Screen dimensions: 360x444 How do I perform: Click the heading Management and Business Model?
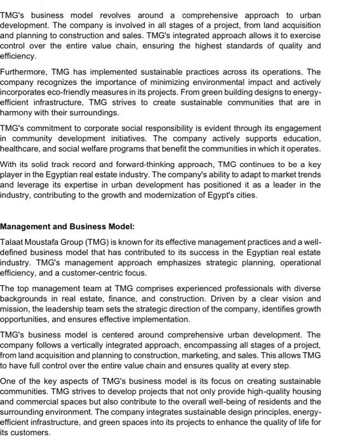coord(67,226)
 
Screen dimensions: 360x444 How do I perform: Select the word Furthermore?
coord(26,72)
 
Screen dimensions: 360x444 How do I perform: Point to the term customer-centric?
coord(96,273)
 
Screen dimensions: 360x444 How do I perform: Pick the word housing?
coord(305,391)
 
